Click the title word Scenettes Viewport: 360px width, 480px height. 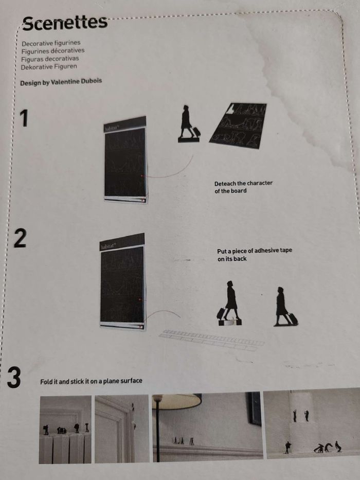pos(65,23)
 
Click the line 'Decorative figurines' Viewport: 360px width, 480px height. pos(51,43)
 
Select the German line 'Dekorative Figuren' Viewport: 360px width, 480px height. pos(49,67)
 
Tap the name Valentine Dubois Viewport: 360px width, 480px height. pos(76,82)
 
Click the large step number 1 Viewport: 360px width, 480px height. pos(24,118)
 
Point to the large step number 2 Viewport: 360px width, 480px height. pos(20,239)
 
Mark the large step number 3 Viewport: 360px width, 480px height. pos(14,378)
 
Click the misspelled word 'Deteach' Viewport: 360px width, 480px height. pos(225,184)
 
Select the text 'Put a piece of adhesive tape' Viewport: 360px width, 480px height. pos(255,251)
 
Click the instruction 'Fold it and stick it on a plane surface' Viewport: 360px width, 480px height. pos(91,381)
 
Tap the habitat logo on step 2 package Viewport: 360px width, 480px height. pos(109,246)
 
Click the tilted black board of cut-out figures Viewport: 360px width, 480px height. pos(238,126)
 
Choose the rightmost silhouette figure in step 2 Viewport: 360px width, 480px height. pos(285,307)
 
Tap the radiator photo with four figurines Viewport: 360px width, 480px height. pos(65,429)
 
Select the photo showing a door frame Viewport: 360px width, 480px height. pos(122,429)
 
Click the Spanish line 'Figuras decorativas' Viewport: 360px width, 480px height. pos(50,59)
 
